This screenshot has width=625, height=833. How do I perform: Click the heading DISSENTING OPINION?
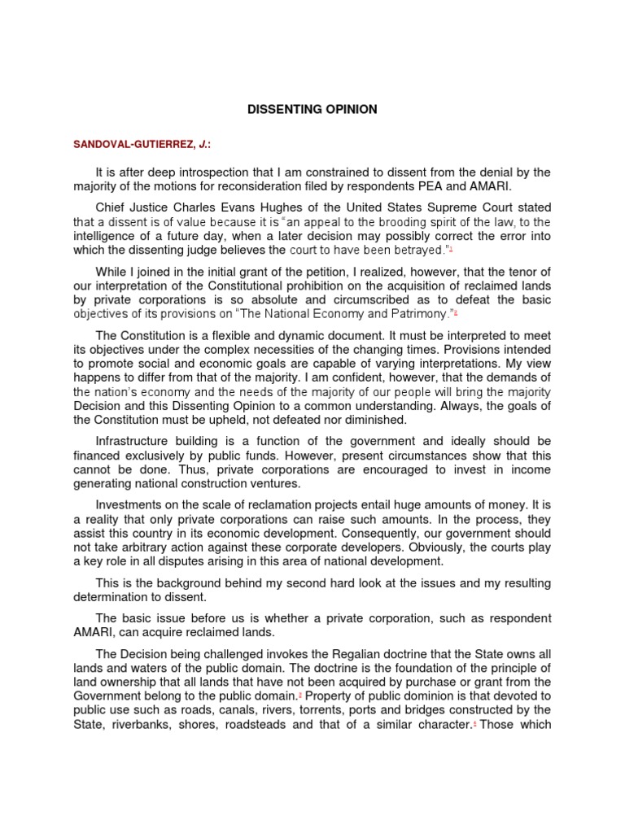click(312, 108)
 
